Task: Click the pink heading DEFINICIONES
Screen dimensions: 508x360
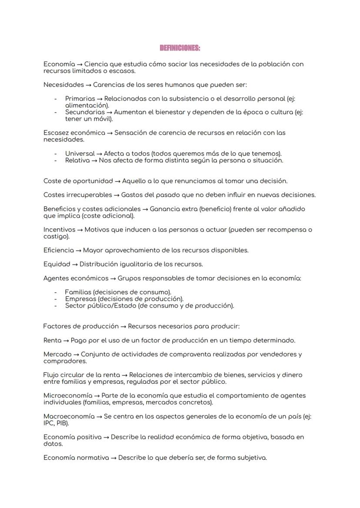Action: click(x=180, y=48)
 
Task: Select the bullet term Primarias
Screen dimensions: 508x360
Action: click(x=80, y=99)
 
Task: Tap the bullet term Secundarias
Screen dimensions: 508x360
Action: click(x=85, y=112)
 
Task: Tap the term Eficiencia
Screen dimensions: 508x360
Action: click(x=59, y=250)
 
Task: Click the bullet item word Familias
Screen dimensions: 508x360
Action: click(x=78, y=292)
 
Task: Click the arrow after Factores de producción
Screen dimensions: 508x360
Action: click(x=123, y=326)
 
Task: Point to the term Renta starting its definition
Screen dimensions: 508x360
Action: click(x=53, y=340)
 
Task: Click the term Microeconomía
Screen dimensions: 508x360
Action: click(x=68, y=395)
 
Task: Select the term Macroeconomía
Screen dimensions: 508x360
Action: click(x=69, y=416)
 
